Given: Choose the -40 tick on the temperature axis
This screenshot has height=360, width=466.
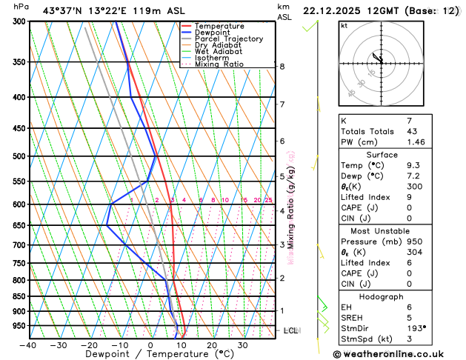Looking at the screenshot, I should click(x=28, y=345).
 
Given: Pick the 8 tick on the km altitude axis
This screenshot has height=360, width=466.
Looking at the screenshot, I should click(x=282, y=67).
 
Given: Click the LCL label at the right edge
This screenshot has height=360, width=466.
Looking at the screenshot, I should click(x=291, y=330).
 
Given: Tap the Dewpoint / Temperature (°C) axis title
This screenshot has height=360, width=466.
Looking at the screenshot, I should click(x=150, y=355).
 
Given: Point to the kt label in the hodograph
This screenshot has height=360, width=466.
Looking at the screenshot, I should click(x=344, y=25).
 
